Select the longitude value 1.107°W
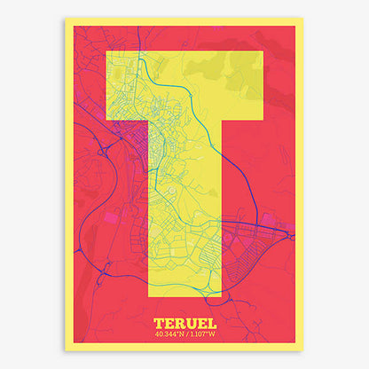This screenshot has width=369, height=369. tap(203, 334)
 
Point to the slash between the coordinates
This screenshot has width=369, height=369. tap(185, 334)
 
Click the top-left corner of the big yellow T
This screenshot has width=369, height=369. tap(106, 51)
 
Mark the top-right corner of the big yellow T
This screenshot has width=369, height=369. tap(263, 51)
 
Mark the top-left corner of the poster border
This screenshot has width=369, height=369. tap(65, 18)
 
